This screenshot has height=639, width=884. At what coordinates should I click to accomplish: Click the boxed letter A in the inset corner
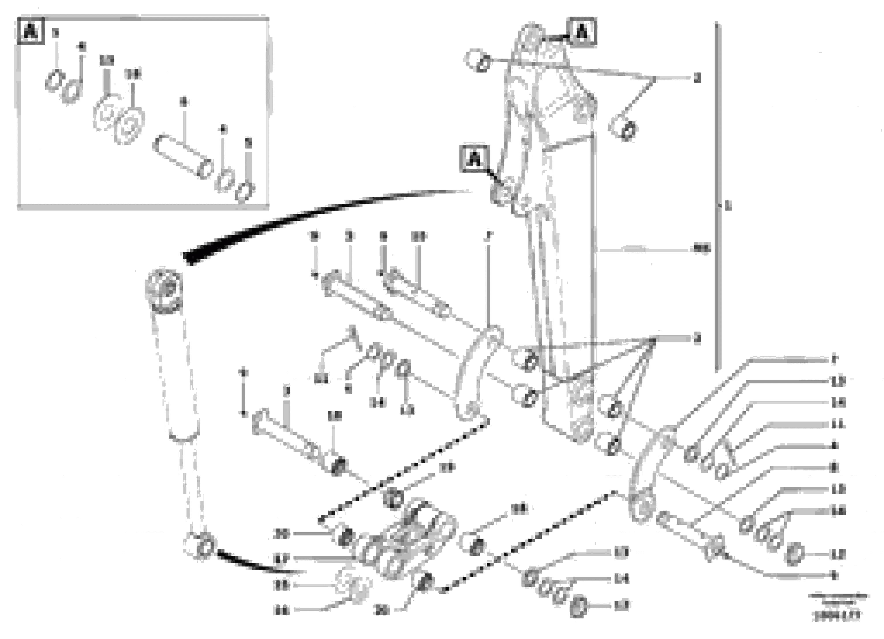pos(30,31)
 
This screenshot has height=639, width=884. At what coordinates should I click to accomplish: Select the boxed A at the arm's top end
pos(582,33)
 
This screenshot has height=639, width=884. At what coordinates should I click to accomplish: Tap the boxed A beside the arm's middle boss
pos(474,158)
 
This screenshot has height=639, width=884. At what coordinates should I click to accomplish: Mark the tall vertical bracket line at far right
pos(717,195)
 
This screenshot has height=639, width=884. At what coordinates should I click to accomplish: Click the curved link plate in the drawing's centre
pos(477,374)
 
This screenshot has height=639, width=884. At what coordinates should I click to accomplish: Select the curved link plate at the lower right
pos(649,479)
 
